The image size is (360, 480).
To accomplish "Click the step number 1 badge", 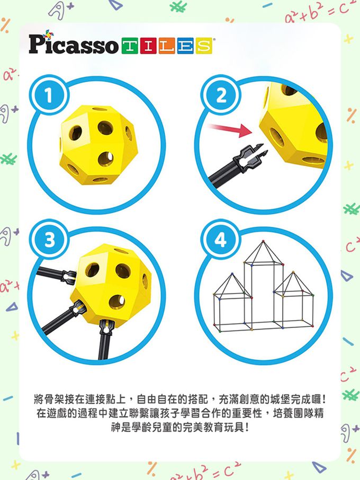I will coord(48,96).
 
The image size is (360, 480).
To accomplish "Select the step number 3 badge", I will coord(48,240).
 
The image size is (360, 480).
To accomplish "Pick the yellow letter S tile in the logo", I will coord(203,46).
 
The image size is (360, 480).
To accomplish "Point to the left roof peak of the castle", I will coord(231,275).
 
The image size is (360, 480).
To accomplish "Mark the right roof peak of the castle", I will coord(293,273).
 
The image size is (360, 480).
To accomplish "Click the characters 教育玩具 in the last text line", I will coord(222,426).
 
